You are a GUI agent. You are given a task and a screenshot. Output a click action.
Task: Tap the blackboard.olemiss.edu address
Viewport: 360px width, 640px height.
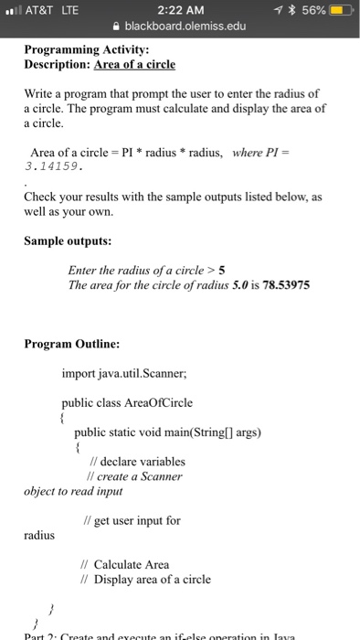click(x=185, y=27)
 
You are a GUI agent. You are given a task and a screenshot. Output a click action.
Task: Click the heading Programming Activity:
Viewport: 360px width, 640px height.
click(x=81, y=50)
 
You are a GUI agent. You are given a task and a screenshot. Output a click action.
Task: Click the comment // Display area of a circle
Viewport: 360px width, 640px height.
click(x=146, y=579)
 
